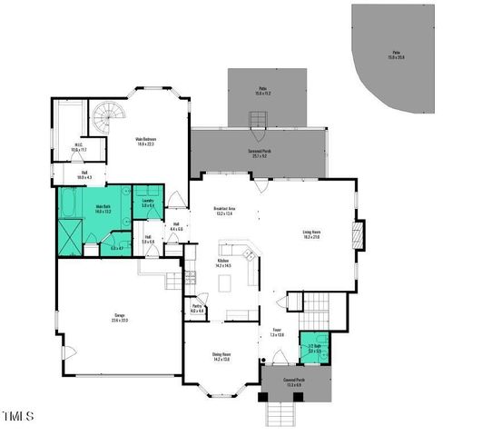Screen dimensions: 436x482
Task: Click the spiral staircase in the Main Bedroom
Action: (x=105, y=117)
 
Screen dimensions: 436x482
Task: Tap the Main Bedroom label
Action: (x=145, y=141)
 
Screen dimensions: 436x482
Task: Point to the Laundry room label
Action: (x=147, y=203)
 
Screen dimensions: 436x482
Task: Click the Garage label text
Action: (x=119, y=317)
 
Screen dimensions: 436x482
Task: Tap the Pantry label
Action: (x=197, y=308)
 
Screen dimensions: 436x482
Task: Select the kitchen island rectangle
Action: (x=223, y=282)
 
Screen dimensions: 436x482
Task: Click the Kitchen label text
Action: (x=223, y=263)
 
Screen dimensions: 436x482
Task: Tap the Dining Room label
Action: (x=221, y=356)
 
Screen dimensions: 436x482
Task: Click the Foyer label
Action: (x=277, y=332)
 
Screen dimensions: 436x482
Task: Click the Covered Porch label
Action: (x=294, y=382)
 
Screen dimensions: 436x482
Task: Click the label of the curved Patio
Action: (x=398, y=55)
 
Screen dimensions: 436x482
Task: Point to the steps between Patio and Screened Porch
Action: (x=258, y=119)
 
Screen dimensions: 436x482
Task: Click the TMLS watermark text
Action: (x=17, y=416)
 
